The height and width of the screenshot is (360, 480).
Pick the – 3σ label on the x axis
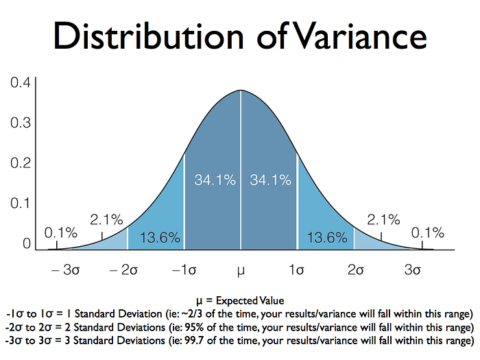[67, 270]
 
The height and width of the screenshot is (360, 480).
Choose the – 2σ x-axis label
[124, 270]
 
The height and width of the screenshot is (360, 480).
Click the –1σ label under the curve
[184, 270]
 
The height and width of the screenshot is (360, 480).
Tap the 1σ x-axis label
[296, 270]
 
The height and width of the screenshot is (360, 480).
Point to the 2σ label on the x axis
[355, 270]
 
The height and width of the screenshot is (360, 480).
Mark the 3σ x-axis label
[412, 270]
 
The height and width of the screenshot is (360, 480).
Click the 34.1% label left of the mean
[215, 180]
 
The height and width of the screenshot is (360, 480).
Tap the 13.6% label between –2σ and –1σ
[160, 238]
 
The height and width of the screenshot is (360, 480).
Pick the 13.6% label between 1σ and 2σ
[326, 238]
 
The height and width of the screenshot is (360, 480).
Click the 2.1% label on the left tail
[106, 220]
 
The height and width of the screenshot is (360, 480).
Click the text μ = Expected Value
[240, 300]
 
